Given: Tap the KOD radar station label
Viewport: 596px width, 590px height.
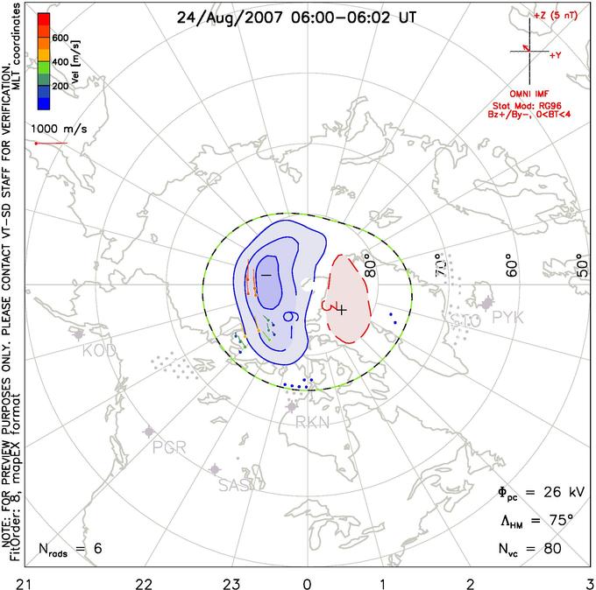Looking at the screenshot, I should pos(99,350).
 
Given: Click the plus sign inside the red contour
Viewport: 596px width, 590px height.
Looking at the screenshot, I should pos(343,310).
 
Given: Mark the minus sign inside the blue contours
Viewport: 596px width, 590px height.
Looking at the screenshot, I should pos(266,275).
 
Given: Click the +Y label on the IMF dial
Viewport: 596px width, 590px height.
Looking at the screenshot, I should pos(556,54).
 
